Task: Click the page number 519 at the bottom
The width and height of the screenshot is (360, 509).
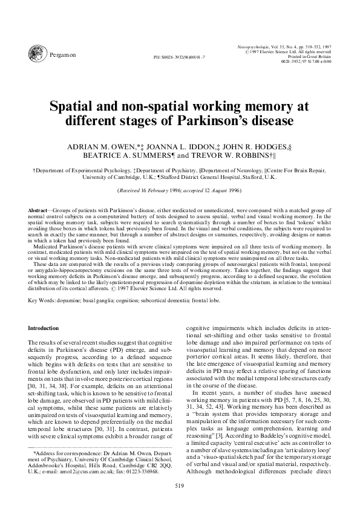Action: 179,485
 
